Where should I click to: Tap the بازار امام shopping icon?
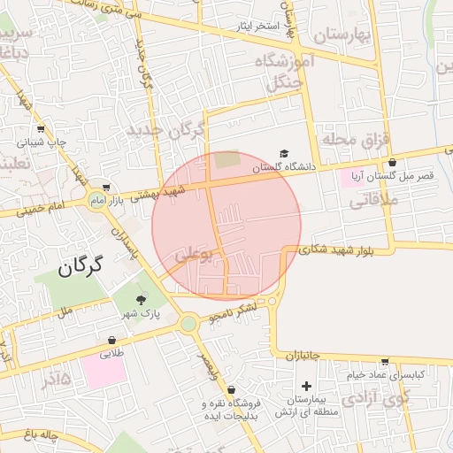click(x=107, y=188)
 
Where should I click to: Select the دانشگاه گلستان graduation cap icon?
click(x=283, y=154)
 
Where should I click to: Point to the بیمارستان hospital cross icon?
click(x=306, y=386)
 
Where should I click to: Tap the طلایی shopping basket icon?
click(x=112, y=340)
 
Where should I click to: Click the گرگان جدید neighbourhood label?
click(x=165, y=130)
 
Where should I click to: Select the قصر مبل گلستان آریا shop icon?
click(x=392, y=162)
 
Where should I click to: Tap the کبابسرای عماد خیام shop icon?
click(x=385, y=361)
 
